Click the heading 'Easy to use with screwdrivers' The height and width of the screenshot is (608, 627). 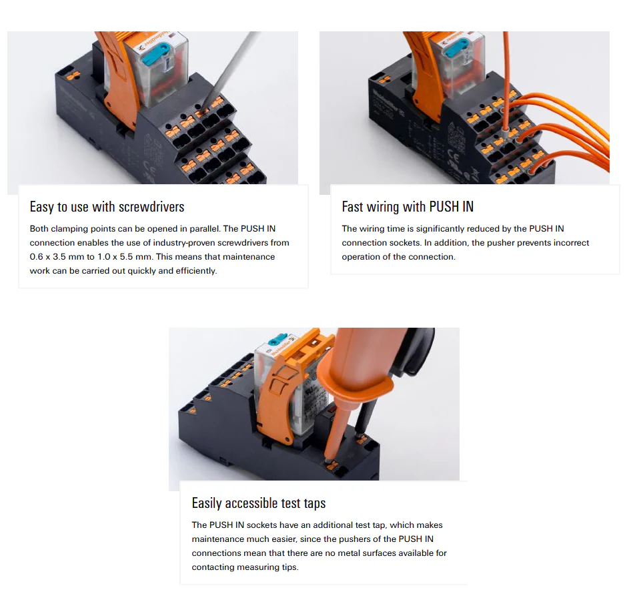107,207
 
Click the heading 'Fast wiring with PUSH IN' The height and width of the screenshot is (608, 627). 408,207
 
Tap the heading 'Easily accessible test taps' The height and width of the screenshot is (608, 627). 259,503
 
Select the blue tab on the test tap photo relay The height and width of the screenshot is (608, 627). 278,339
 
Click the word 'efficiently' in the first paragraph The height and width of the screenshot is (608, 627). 196,271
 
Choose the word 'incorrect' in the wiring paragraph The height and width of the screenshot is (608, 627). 571,243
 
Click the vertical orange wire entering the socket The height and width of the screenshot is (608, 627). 506,81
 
